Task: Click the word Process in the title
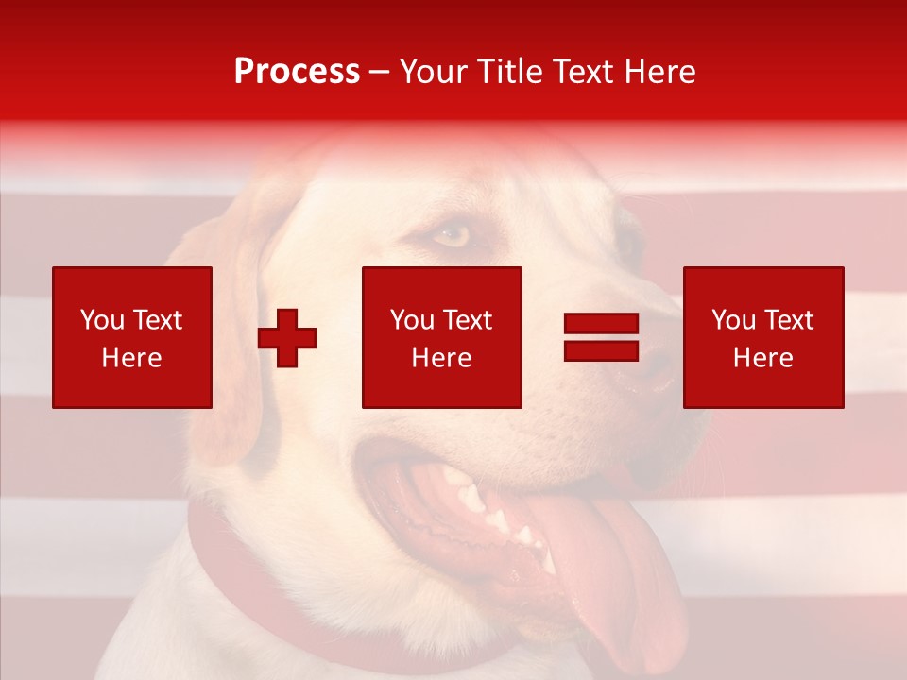pyautogui.click(x=297, y=72)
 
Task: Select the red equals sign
pyautogui.click(x=601, y=337)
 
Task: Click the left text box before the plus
pyautogui.click(x=132, y=337)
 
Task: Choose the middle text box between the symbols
pyautogui.click(x=441, y=337)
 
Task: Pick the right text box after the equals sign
pyautogui.click(x=762, y=337)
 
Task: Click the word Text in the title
pyautogui.click(x=582, y=72)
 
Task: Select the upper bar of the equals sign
pyautogui.click(x=601, y=324)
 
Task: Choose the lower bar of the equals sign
pyautogui.click(x=601, y=350)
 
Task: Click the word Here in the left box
pyautogui.click(x=131, y=358)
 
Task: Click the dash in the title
pyautogui.click(x=380, y=73)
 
